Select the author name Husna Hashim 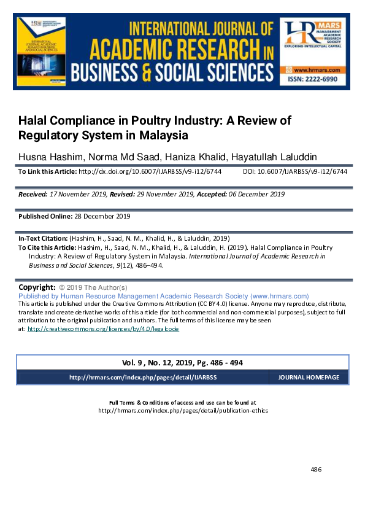coord(47,157)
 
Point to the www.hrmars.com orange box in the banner coord(313,70)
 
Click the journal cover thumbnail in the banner coord(42,52)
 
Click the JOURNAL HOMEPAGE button coord(309,377)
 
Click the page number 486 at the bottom coord(316,470)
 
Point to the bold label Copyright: coord(37,287)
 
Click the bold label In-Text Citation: coord(43,238)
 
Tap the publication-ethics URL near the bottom coord(183,410)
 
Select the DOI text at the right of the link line coord(295,172)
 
